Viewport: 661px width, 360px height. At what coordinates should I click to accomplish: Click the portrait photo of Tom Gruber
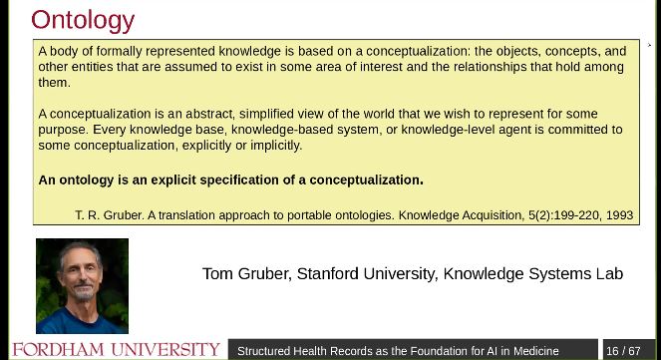[82, 285]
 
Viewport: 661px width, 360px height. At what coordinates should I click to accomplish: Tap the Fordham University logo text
[116, 350]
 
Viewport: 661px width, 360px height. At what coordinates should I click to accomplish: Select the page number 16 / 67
[623, 351]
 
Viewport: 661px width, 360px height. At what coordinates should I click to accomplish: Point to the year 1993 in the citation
[618, 214]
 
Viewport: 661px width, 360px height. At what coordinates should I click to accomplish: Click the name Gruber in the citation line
[117, 214]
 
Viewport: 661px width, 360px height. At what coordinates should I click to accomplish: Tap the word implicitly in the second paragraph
[270, 145]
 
